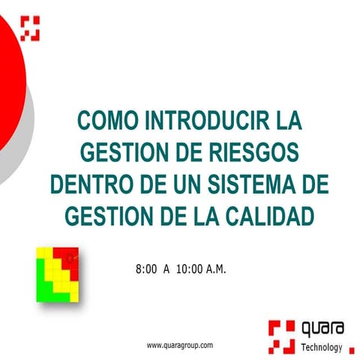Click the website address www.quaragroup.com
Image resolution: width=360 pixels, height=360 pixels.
(x=180, y=345)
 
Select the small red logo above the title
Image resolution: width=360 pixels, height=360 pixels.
(x=29, y=28)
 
